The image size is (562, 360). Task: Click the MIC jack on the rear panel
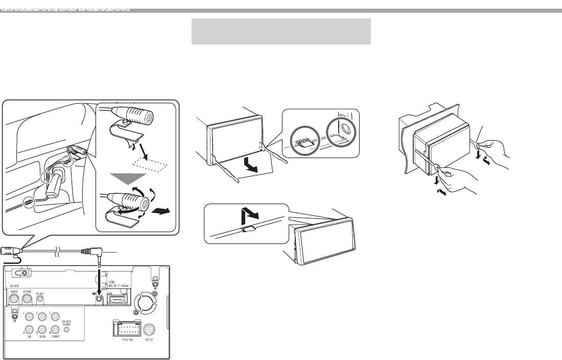pyautogui.click(x=99, y=296)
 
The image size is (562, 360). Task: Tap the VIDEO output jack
pyautogui.click(x=14, y=298)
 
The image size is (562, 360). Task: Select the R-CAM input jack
pyautogui.click(x=28, y=298)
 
